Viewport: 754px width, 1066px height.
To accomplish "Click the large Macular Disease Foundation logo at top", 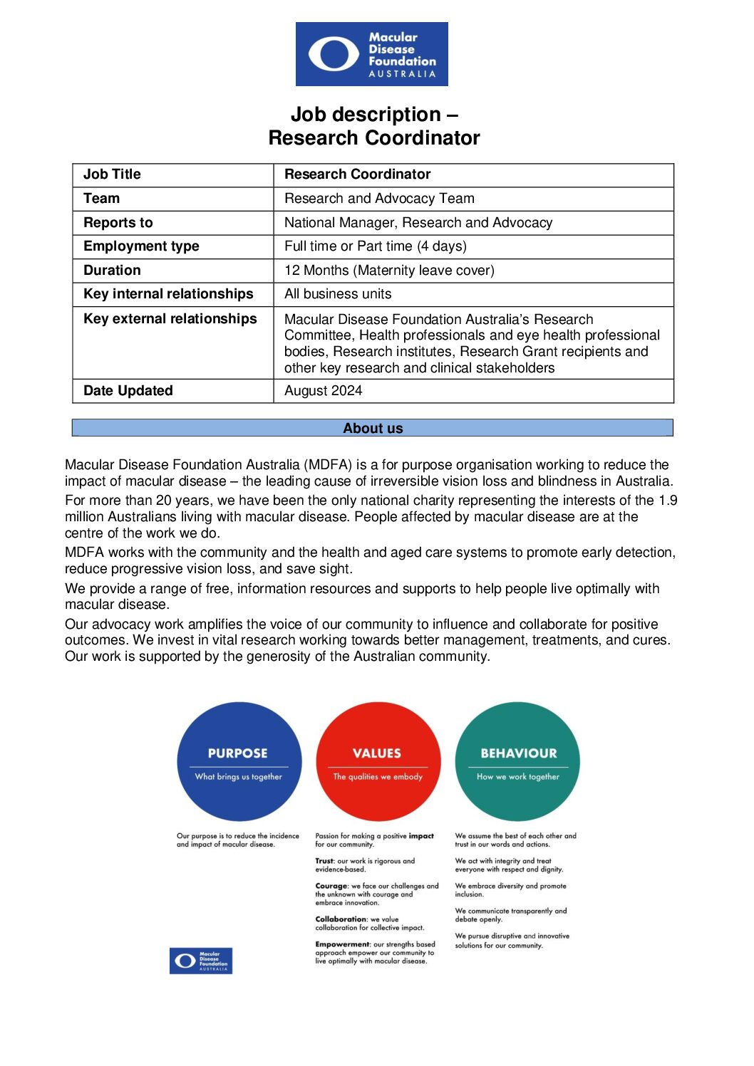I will pyautogui.click(x=371, y=54).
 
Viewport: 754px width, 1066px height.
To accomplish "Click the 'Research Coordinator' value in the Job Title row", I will pyautogui.click(x=357, y=174).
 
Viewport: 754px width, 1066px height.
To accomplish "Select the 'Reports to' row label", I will pyautogui.click(x=118, y=223).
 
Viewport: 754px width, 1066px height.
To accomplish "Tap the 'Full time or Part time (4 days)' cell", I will pyautogui.click(x=375, y=246).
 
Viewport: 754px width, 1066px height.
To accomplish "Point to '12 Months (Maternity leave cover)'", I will pyautogui.click(x=389, y=271).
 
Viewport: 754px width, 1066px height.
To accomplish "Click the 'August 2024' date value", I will pyautogui.click(x=323, y=391).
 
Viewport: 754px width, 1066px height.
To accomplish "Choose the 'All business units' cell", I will pyautogui.click(x=338, y=294).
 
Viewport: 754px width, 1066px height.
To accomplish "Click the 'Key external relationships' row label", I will pyautogui.click(x=170, y=319).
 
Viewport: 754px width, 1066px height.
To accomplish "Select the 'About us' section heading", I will pyautogui.click(x=373, y=428).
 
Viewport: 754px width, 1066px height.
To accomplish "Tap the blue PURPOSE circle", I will pyautogui.click(x=239, y=762).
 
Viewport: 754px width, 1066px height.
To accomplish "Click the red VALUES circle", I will pyautogui.click(x=378, y=762).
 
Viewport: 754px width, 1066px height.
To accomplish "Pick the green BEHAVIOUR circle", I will pyautogui.click(x=517, y=762).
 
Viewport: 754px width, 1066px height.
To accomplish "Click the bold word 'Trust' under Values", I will pyautogui.click(x=324, y=861).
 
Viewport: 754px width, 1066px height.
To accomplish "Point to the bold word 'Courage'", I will pyautogui.click(x=331, y=887).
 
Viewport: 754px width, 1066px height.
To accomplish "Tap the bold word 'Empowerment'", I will pyautogui.click(x=342, y=944).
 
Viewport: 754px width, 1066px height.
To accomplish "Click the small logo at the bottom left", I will pyautogui.click(x=201, y=961).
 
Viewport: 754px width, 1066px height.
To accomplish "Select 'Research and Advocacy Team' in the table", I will pyautogui.click(x=379, y=199).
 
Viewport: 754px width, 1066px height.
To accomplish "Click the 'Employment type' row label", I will pyautogui.click(x=141, y=246).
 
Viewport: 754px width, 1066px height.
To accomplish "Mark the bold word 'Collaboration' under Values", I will pyautogui.click(x=341, y=919).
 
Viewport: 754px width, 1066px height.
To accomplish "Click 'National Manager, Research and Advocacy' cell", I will pyautogui.click(x=418, y=223).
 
